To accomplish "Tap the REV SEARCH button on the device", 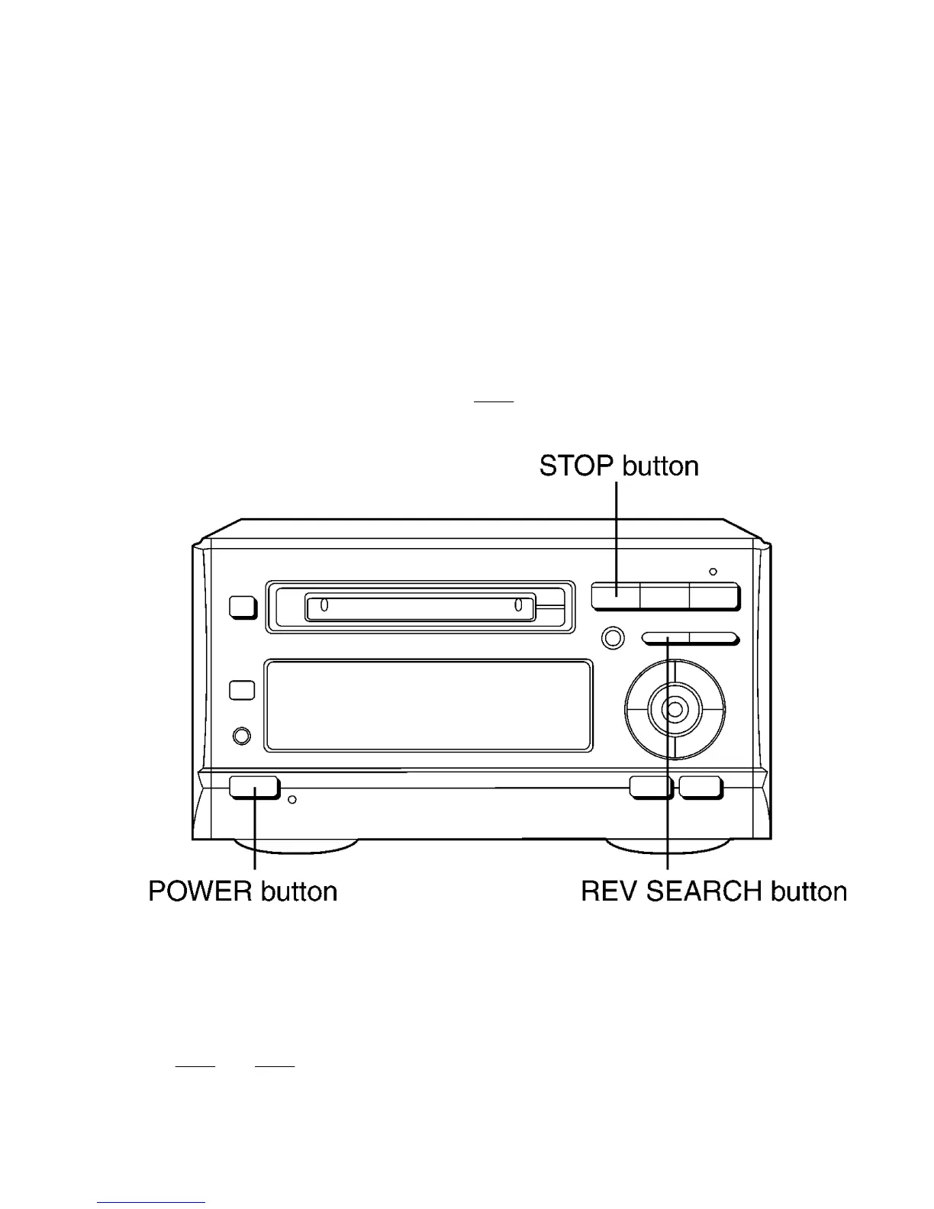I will coord(666,637).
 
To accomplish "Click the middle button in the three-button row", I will coord(665,596).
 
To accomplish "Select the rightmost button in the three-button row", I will coord(713,596).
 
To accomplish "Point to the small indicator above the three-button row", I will coord(713,571).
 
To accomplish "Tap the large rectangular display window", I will coord(428,705).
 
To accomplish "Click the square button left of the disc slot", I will coord(243,608).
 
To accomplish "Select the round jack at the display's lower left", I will coord(241,736).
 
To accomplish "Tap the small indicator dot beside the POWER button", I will coord(292,800).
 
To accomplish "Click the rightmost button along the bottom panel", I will coord(700,787).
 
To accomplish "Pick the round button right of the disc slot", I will coord(613,637).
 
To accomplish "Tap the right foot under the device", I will coord(666,846).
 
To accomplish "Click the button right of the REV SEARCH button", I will coord(714,637).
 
